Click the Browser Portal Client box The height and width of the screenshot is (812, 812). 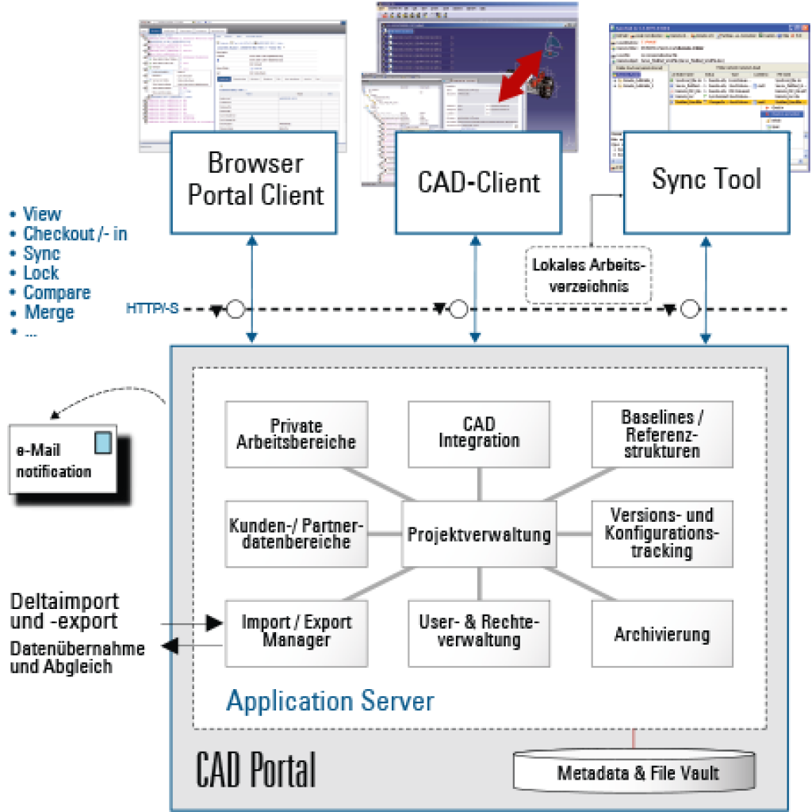(255, 181)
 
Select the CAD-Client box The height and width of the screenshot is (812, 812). (478, 182)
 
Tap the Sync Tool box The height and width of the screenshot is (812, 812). (706, 182)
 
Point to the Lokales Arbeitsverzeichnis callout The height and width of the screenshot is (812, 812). (588, 275)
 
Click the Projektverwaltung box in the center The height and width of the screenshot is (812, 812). (478, 534)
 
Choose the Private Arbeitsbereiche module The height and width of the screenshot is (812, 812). (296, 434)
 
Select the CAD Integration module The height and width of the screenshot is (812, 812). (478, 434)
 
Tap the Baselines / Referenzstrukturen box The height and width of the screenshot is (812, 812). (661, 434)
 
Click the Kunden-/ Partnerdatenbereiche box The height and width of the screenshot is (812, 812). (296, 534)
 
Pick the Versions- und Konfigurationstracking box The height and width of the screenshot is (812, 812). (661, 534)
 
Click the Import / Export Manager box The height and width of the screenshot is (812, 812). (296, 632)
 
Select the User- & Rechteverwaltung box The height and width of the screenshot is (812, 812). (478, 632)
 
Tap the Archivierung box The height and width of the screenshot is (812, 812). (661, 634)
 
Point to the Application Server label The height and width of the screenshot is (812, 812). (330, 701)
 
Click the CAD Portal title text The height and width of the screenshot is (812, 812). (255, 769)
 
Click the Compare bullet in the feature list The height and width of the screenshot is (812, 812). (56, 293)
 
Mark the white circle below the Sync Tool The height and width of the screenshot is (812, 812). (690, 308)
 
